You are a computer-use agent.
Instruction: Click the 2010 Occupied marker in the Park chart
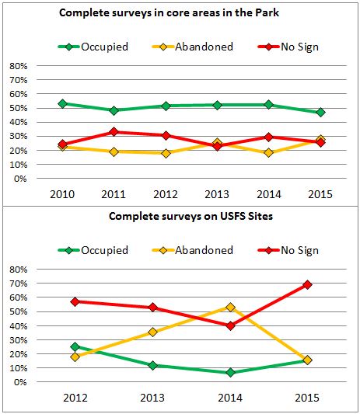62,103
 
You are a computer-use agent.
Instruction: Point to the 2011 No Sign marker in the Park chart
114,132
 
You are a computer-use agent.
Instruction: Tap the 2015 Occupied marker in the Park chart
320,113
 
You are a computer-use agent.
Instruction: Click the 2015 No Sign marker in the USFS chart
307,284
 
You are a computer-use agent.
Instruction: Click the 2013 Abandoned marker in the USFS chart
152,332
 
